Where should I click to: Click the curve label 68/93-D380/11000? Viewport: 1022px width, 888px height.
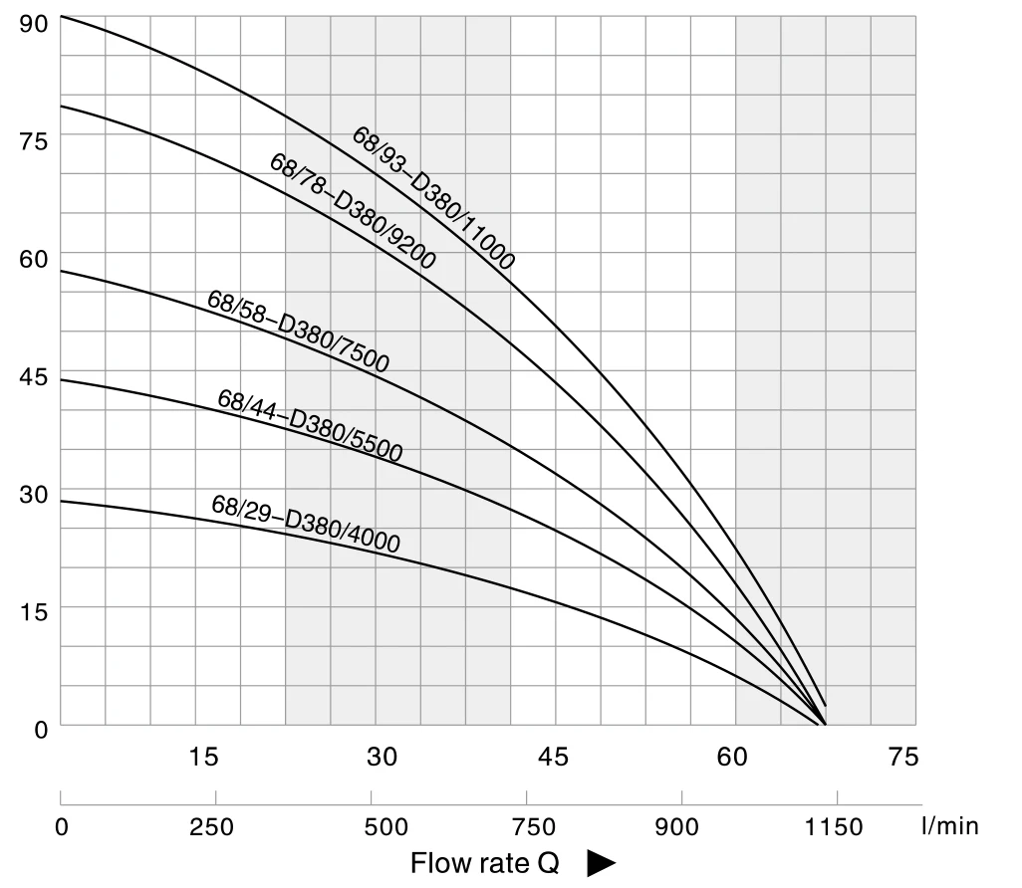pyautogui.click(x=433, y=198)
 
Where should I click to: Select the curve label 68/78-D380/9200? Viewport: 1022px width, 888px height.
pyautogui.click(x=353, y=210)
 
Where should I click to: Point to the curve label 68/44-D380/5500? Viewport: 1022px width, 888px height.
pyautogui.click(x=310, y=426)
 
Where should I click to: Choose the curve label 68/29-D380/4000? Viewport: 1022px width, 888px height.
pyautogui.click(x=306, y=523)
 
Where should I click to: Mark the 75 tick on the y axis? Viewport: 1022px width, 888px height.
pyautogui.click(x=33, y=140)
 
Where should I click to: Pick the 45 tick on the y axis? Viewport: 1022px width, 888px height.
pyautogui.click(x=33, y=377)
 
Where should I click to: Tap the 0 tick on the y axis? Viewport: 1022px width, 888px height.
pyautogui.click(x=40, y=730)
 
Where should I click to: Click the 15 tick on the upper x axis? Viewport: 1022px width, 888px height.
pyautogui.click(x=203, y=758)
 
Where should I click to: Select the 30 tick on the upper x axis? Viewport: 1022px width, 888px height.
pyautogui.click(x=382, y=758)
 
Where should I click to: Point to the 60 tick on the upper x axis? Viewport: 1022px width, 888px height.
pyautogui.click(x=732, y=758)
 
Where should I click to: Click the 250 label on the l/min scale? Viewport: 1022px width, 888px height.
pyautogui.click(x=212, y=826)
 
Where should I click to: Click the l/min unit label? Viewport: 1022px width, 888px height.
pyautogui.click(x=950, y=826)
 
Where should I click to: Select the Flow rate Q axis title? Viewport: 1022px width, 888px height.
pyautogui.click(x=485, y=863)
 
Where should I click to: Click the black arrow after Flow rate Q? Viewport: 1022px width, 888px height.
pyautogui.click(x=602, y=863)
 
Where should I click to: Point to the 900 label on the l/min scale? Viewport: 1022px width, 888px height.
pyautogui.click(x=682, y=826)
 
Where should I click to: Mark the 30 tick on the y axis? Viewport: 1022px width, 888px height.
pyautogui.click(x=33, y=495)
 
